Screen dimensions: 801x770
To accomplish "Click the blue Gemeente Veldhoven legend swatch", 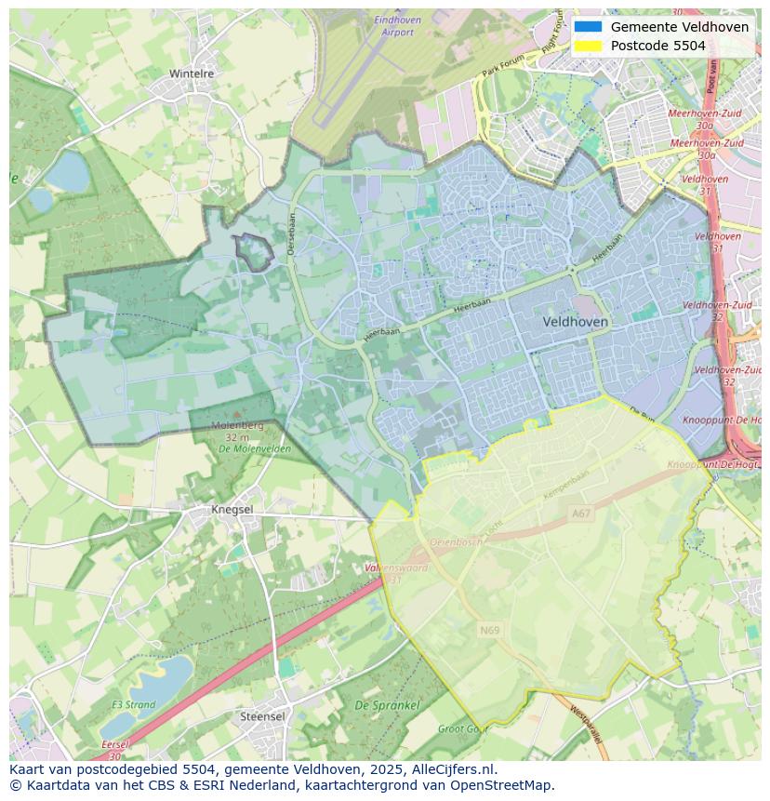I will [588, 27].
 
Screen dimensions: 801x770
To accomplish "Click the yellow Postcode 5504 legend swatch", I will [588, 46].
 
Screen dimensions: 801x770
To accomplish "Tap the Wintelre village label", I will [192, 73].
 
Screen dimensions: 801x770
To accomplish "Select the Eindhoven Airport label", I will [397, 26].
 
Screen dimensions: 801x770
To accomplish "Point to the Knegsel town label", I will [232, 510].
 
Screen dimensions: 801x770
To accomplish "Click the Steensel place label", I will [262, 717].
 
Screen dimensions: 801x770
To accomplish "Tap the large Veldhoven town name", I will [575, 321].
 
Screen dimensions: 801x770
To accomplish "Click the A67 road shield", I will [581, 513].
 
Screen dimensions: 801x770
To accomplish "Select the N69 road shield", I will [489, 630].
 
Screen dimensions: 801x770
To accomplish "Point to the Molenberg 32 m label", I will [237, 431].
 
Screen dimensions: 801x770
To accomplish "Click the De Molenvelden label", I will [255, 448].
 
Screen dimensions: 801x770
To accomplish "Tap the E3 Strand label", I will [133, 704].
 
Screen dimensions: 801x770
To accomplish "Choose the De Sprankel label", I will [387, 706].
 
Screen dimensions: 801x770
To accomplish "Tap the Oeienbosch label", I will [455, 541].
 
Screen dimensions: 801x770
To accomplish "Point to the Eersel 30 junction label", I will [115, 748].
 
